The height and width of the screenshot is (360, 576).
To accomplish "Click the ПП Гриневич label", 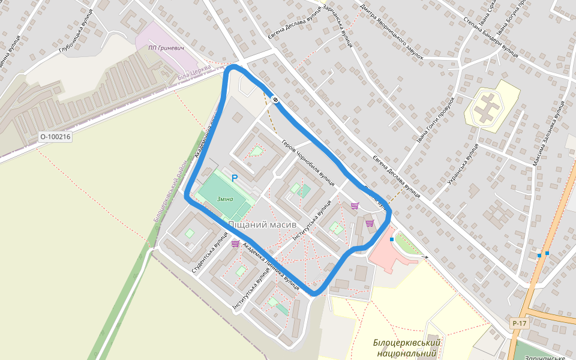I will [166, 47].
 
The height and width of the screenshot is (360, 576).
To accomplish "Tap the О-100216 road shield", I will [55, 137].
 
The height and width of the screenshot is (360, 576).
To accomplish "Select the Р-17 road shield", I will [520, 324].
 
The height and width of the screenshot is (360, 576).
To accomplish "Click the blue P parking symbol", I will [235, 178].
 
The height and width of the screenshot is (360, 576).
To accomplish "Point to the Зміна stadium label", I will [225, 199].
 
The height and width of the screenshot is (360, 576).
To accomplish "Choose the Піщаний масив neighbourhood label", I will [262, 224].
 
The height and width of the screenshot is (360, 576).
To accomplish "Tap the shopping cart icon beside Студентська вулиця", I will [235, 244].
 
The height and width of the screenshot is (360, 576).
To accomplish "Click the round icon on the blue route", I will [275, 100].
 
